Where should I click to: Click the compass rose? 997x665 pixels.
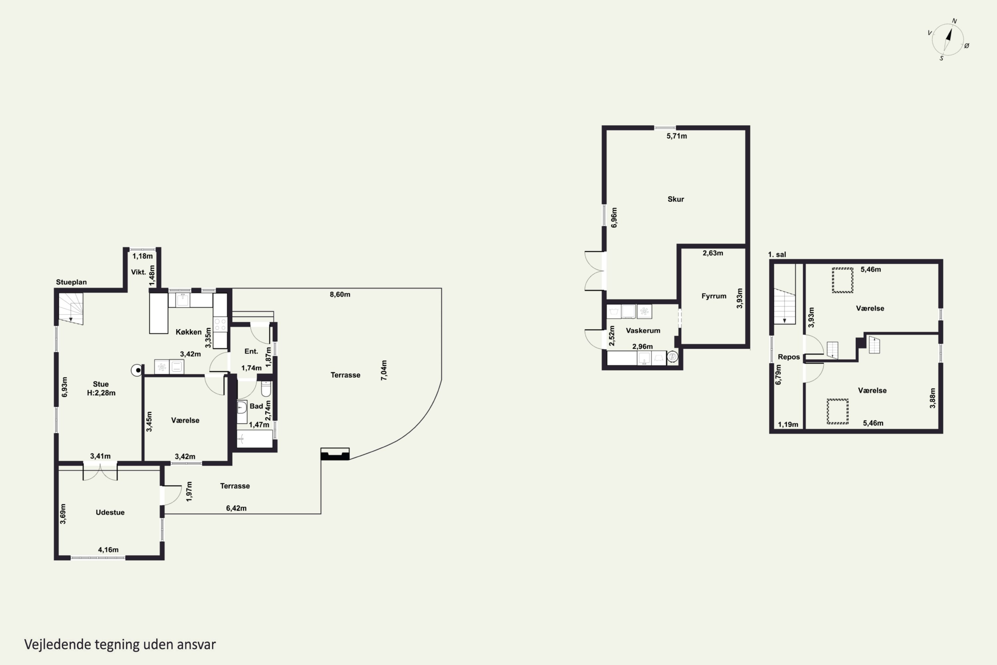coord(948,40)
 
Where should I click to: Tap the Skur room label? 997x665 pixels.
coord(676,199)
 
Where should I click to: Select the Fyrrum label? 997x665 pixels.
coord(714,296)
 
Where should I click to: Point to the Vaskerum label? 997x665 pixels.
coord(643,331)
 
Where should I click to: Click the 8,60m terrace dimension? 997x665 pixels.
coord(340,294)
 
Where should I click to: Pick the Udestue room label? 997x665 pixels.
coord(110,512)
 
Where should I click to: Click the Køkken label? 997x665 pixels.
coord(189,332)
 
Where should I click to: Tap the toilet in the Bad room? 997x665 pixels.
coord(266,388)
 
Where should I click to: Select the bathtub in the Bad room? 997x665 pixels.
coord(254,439)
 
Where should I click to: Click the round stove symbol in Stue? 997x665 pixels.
coord(137,371)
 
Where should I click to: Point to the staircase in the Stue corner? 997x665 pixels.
coord(71,309)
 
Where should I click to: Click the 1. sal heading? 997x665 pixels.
coord(777,254)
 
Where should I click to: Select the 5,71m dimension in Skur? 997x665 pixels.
coord(677,136)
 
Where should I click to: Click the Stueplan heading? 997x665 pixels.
coord(71,282)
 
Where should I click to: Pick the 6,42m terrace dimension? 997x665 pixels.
coord(236,508)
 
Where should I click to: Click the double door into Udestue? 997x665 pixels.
coord(100,472)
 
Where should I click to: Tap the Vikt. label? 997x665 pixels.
coord(138,272)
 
